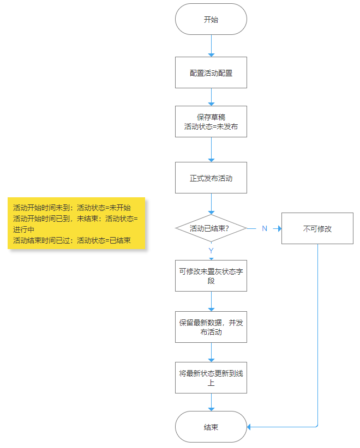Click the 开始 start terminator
pyautogui.click(x=211, y=19)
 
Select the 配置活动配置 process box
pyautogui.click(x=211, y=72)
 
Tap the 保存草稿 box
pyautogui.click(x=211, y=122)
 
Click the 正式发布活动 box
pyautogui.click(x=211, y=178)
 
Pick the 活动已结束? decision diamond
pyautogui.click(x=211, y=228)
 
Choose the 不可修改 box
pyautogui.click(x=317, y=228)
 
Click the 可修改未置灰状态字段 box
pyautogui.click(x=211, y=276)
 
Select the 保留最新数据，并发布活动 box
pyautogui.click(x=211, y=327)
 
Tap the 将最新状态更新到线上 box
pyautogui.click(x=211, y=378)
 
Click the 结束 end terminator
pyautogui.click(x=211, y=427)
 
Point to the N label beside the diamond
pyautogui.click(x=265, y=228)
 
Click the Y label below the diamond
pyautogui.click(x=211, y=251)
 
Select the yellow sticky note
pyautogui.click(x=76, y=223)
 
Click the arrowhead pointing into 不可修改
pyautogui.click(x=280, y=228)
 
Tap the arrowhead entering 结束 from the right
pyautogui.click(x=249, y=427)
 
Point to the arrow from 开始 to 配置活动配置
pyautogui.click(x=211, y=46)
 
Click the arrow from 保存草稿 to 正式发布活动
pyautogui.click(x=211, y=150)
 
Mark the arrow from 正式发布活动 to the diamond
pyautogui.click(x=211, y=204)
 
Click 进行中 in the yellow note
pyautogui.click(x=24, y=229)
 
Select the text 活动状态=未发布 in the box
pyautogui.click(x=211, y=126)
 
